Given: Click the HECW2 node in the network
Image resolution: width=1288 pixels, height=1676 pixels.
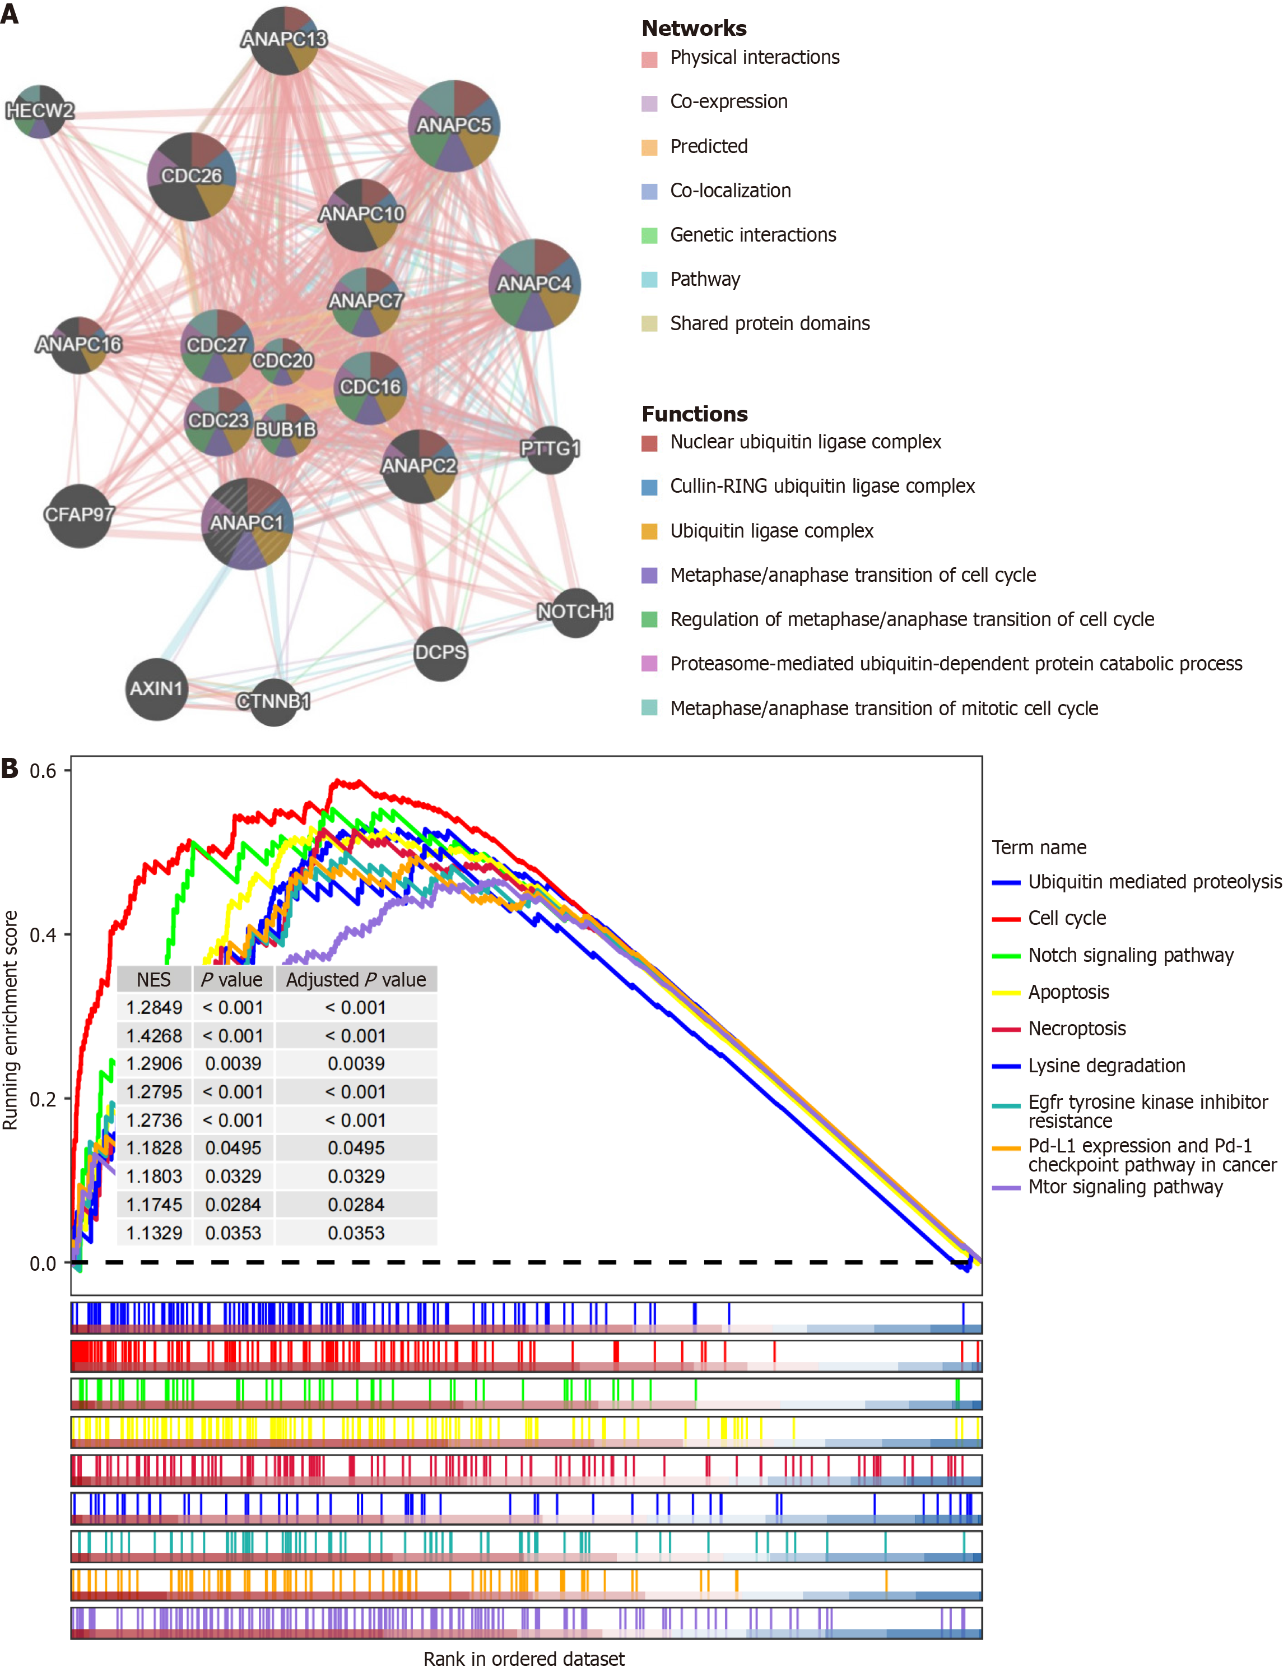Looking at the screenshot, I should [39, 111].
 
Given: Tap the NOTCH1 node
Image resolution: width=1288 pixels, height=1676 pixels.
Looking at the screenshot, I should [575, 612].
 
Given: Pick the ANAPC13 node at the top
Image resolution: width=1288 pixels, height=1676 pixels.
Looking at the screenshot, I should [285, 40].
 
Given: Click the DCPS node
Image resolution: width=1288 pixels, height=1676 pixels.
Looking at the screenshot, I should [440, 653].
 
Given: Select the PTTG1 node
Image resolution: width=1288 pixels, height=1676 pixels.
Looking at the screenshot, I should [550, 449].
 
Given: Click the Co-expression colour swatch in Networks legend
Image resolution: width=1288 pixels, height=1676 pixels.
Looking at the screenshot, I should [649, 103].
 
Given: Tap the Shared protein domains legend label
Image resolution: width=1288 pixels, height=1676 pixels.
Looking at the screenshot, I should [769, 323].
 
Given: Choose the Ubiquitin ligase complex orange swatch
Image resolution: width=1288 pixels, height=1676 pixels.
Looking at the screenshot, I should [649, 531].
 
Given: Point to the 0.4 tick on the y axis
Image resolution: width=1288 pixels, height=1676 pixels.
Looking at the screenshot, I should [43, 935].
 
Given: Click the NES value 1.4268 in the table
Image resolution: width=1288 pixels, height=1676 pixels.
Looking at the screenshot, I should [154, 1035].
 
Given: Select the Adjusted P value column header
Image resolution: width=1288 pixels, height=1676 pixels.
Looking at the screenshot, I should [356, 979].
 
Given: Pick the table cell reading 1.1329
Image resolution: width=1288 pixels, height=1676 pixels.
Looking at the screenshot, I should [154, 1233].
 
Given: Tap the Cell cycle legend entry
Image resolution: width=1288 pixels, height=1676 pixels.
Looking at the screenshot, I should [1067, 918].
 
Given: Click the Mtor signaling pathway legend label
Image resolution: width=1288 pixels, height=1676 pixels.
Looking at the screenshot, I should [1125, 1187].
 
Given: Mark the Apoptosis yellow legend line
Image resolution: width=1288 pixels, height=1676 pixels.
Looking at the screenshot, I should [1006, 993].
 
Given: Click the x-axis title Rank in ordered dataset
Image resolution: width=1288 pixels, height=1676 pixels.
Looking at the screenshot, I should [524, 1659].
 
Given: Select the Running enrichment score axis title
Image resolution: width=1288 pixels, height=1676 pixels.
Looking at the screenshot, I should [10, 1020].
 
